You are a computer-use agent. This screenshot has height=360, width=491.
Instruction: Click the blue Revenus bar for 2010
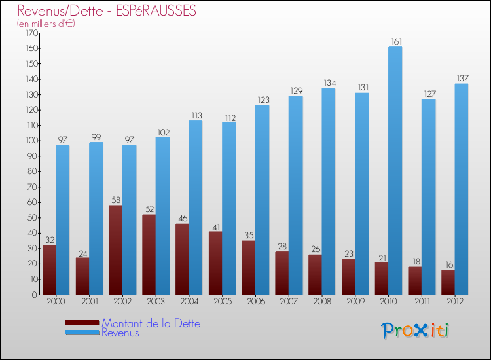click(x=395, y=170)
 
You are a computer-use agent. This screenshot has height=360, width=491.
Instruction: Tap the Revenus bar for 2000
click(x=63, y=219)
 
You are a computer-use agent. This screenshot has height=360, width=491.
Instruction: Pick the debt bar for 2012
click(x=448, y=282)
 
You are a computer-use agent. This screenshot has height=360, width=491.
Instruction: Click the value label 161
click(x=395, y=42)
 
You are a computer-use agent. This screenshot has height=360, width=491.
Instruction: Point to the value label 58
click(x=115, y=200)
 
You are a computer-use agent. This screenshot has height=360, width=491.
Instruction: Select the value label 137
click(x=462, y=79)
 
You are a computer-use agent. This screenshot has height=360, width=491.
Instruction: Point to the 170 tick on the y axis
click(x=30, y=33)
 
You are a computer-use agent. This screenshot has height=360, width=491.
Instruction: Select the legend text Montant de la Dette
click(x=151, y=323)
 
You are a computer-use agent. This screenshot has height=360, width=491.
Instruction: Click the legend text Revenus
click(x=120, y=333)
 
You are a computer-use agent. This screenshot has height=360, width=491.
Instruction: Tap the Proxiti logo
click(x=416, y=330)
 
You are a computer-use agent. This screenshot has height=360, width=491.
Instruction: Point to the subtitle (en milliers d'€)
click(x=46, y=24)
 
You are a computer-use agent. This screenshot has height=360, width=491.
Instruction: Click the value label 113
click(x=196, y=116)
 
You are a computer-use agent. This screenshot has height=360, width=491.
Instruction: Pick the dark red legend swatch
click(x=82, y=323)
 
